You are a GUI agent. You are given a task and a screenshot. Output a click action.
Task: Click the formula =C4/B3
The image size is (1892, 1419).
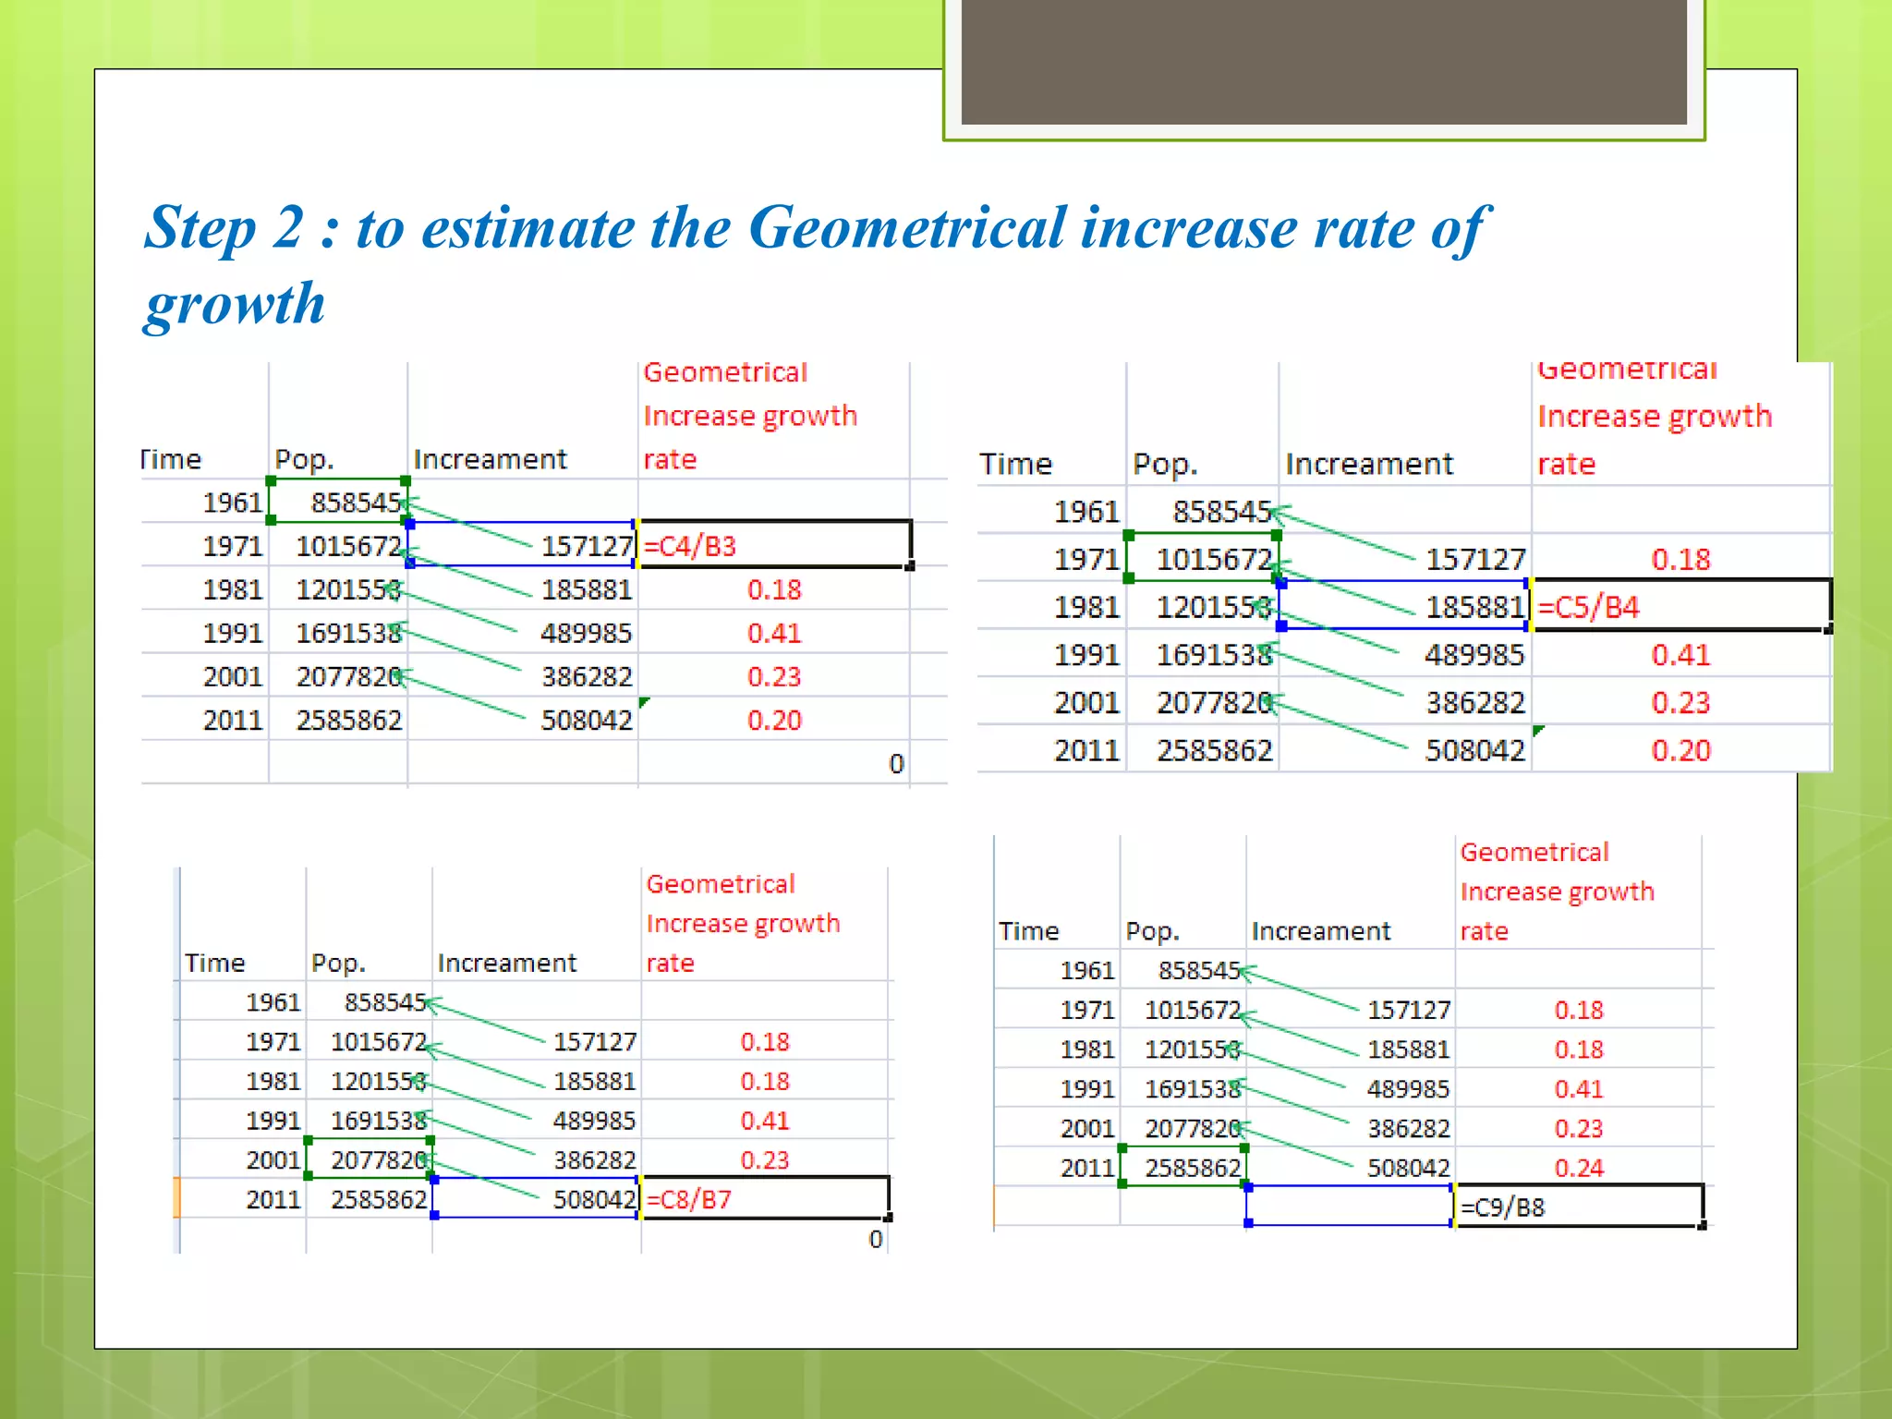[x=690, y=546]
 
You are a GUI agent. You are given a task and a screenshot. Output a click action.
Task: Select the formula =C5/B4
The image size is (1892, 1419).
[x=1588, y=607]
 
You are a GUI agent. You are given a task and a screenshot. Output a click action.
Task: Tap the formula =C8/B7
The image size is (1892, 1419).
[x=689, y=1199]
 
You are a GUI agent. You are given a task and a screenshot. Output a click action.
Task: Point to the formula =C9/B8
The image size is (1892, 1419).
[x=1502, y=1207]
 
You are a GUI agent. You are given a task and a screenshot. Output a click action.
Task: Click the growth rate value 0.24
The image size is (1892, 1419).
[x=1578, y=1168]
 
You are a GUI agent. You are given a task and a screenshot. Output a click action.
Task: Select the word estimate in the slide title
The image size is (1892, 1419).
[x=529, y=227]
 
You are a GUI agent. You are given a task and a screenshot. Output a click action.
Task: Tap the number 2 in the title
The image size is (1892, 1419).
[x=288, y=227]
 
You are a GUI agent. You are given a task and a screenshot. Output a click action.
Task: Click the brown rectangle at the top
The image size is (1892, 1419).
[x=1323, y=61]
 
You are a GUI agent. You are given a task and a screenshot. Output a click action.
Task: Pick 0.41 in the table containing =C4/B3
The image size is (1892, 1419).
[x=774, y=633]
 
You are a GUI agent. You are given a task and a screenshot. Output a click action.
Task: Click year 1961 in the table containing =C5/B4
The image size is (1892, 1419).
[x=1086, y=512]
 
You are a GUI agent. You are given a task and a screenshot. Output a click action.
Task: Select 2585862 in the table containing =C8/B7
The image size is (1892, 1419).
[x=379, y=1199]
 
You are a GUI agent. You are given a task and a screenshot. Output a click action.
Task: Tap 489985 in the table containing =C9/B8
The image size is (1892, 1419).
[x=1408, y=1089]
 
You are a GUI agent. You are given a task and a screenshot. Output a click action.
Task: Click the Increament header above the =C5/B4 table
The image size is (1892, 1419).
[x=1369, y=464]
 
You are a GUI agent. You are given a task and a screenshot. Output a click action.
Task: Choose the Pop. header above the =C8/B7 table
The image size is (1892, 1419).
[x=338, y=963]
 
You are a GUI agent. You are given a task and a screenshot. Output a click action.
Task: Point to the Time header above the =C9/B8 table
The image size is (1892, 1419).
[x=1028, y=931]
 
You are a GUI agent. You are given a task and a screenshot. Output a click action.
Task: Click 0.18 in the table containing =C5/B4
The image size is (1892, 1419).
[x=1680, y=559]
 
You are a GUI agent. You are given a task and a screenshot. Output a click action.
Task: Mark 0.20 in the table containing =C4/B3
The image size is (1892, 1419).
[x=774, y=720]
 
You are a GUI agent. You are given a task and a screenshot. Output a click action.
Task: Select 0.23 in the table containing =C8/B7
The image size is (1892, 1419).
[x=765, y=1160]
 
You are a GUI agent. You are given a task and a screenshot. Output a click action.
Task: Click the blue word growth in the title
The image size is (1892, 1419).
[x=236, y=304]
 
